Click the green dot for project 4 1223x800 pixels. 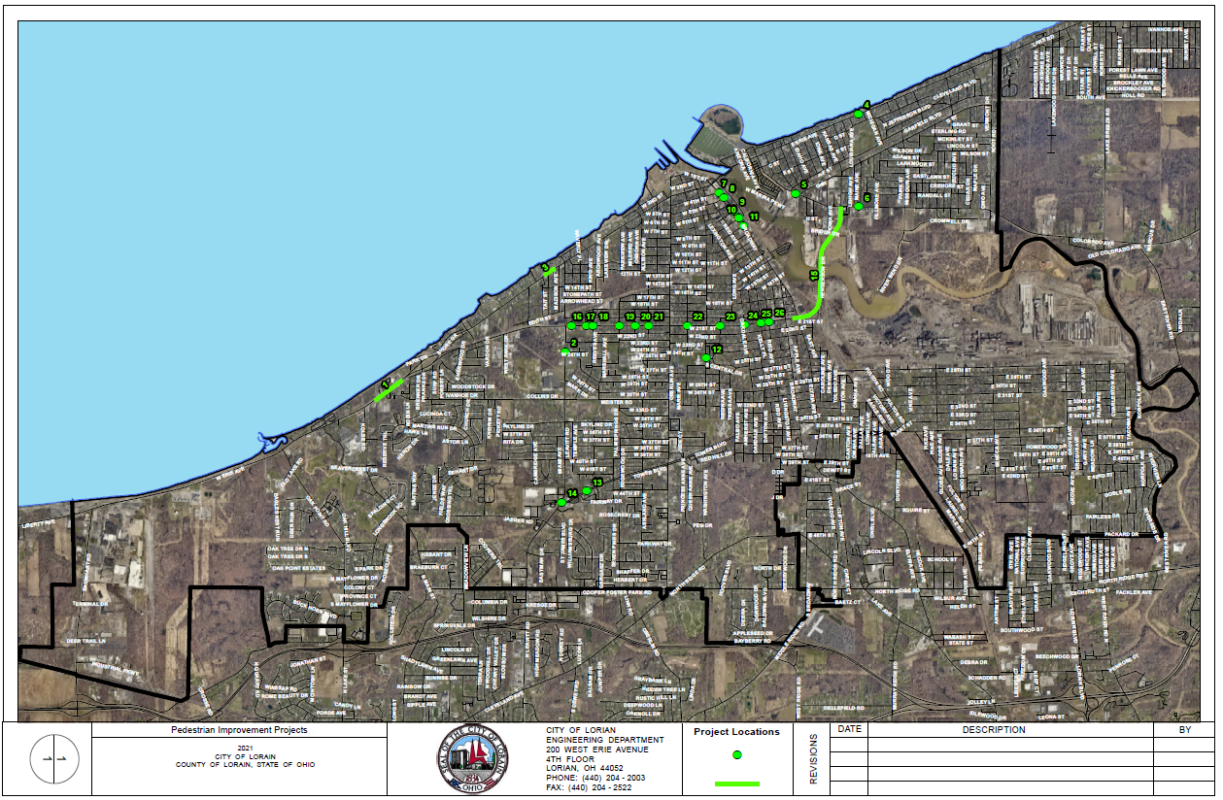click(858, 114)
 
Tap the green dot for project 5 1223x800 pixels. click(796, 194)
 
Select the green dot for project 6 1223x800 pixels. click(859, 206)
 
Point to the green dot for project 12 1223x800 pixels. click(706, 358)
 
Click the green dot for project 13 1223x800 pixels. click(587, 490)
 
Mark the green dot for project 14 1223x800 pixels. click(561, 503)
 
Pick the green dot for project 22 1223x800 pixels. click(687, 326)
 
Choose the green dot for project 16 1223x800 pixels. click(571, 326)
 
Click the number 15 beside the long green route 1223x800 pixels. click(814, 276)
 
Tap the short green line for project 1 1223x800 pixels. click(389, 390)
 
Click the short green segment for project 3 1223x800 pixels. click(549, 273)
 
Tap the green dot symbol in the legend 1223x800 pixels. click(737, 754)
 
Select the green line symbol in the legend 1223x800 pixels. click(737, 783)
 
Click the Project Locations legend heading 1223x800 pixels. click(736, 732)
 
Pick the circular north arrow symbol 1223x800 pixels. click(54, 759)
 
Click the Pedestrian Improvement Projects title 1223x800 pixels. click(239, 730)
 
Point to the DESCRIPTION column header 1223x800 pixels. click(993, 730)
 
